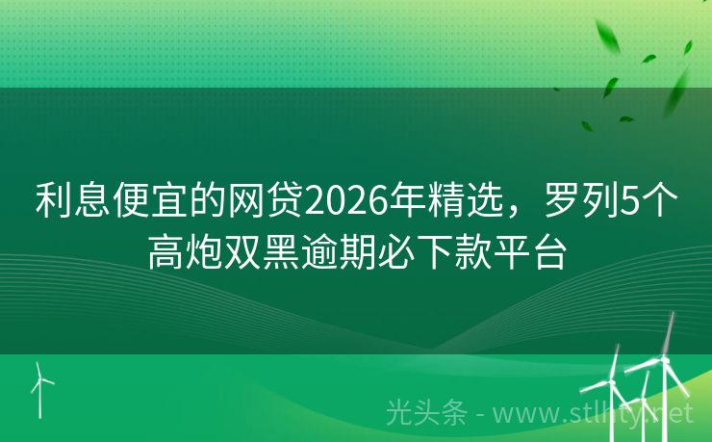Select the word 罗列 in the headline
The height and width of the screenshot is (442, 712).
576,203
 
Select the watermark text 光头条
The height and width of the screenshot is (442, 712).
424,413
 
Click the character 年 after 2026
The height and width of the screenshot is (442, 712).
403,203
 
